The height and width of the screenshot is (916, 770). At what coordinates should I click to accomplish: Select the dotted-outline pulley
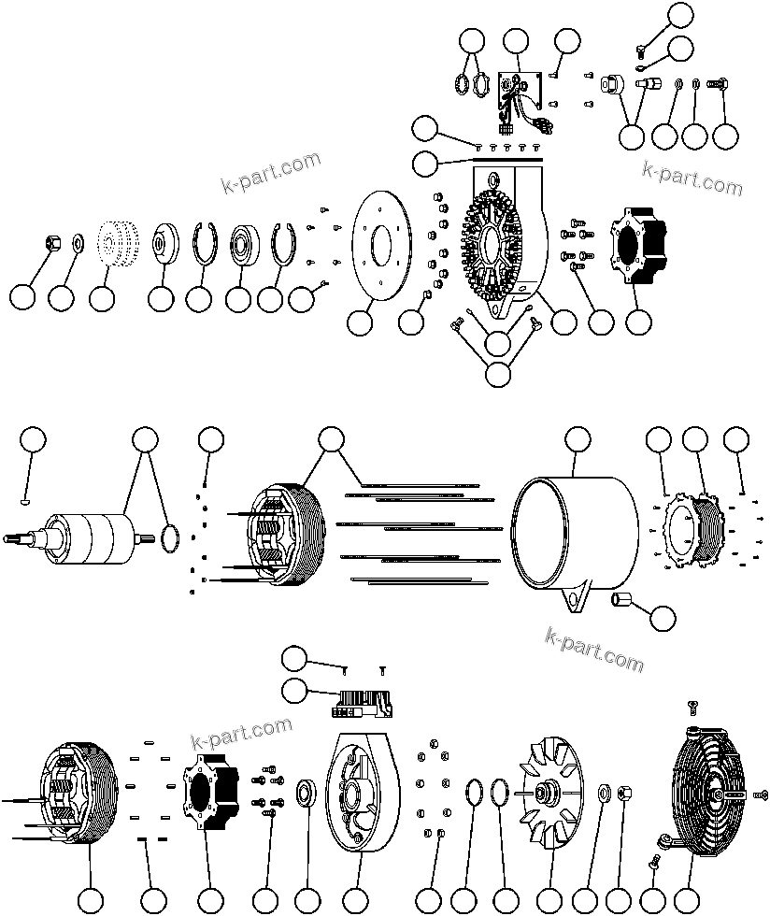pyautogui.click(x=115, y=246)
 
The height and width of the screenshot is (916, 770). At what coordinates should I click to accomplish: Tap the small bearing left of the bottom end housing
pyautogui.click(x=306, y=794)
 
